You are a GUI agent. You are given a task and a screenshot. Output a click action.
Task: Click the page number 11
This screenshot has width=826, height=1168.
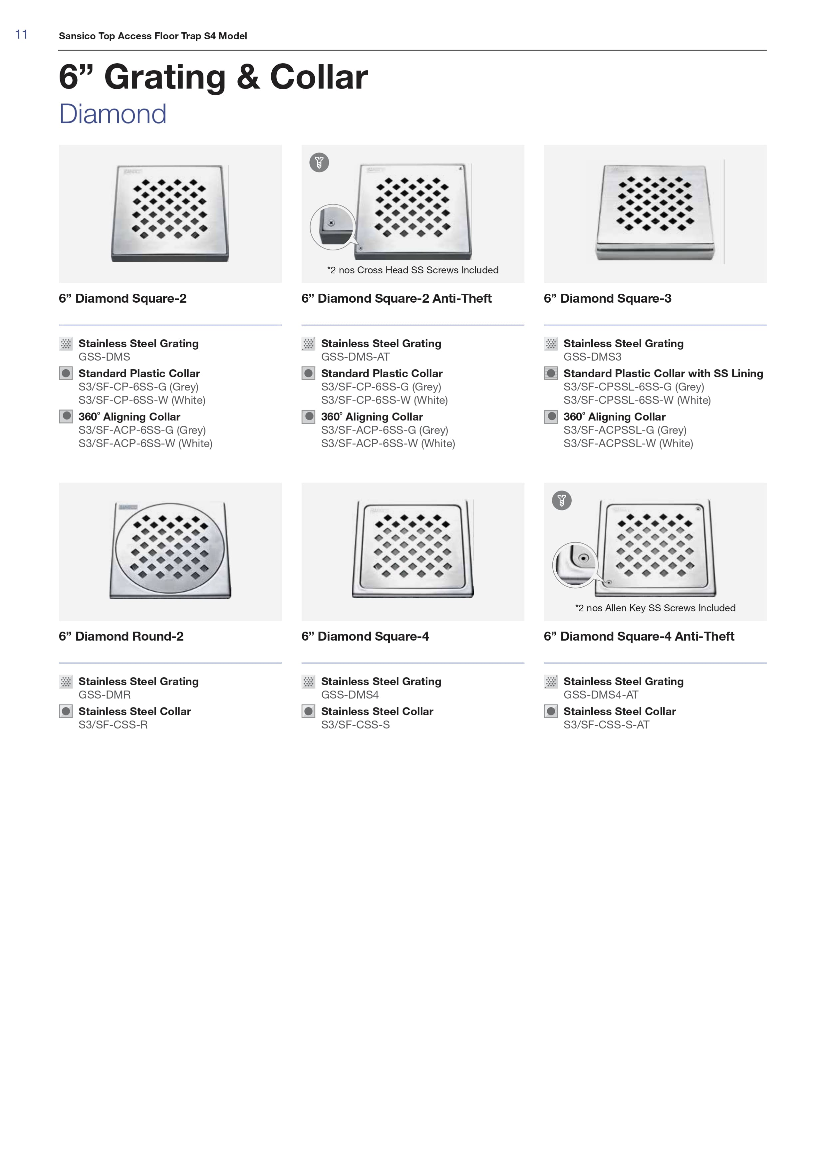(x=21, y=35)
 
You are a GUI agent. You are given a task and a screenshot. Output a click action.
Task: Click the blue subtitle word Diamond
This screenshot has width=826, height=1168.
(x=113, y=114)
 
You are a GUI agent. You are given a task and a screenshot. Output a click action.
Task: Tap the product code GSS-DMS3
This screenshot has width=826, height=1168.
(x=592, y=357)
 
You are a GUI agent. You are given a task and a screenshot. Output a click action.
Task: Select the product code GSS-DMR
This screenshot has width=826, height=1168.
(x=104, y=695)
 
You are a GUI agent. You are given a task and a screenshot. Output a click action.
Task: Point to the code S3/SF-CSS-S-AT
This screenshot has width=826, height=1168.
(x=606, y=725)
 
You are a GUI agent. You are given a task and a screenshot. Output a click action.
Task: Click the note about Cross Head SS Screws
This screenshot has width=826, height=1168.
(x=413, y=270)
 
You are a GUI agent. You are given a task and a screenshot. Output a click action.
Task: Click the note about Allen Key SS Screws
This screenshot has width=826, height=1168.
(x=655, y=608)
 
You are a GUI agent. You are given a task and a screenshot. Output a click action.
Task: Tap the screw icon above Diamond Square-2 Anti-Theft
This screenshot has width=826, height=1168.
(x=319, y=162)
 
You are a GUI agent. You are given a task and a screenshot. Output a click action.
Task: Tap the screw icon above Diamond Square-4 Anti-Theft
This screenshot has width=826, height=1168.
(x=562, y=500)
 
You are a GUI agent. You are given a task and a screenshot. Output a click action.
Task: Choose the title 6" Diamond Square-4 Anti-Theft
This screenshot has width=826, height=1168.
(x=639, y=636)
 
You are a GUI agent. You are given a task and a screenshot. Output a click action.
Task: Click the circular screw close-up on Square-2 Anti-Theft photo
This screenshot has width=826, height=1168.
(x=333, y=227)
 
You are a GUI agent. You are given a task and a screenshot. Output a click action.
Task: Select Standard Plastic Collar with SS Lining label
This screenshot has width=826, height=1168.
(x=663, y=373)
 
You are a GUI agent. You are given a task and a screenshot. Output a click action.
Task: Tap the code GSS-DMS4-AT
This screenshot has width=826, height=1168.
(x=601, y=695)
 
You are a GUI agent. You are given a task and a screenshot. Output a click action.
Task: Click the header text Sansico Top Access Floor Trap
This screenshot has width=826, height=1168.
(x=152, y=36)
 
